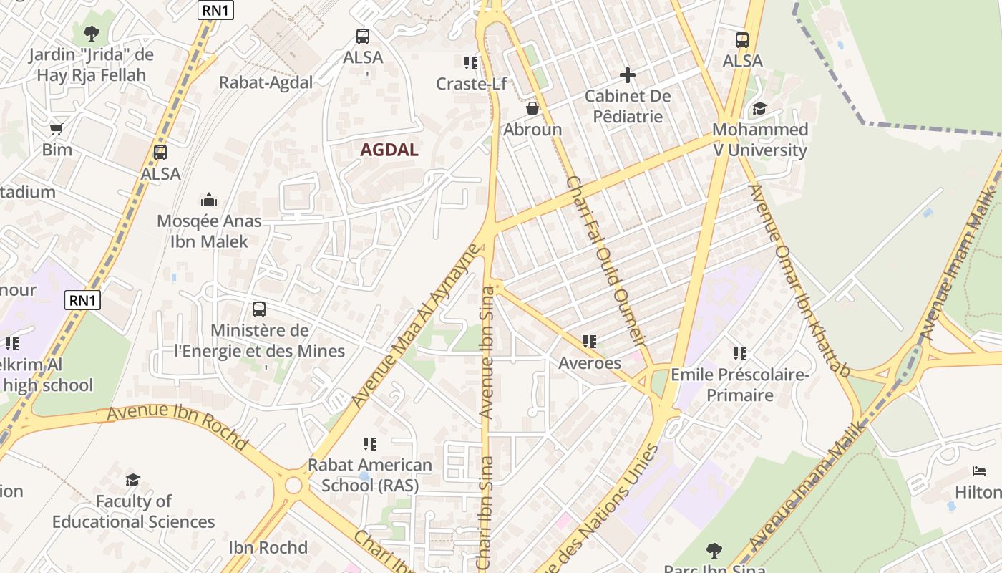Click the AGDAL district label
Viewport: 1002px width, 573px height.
tap(389, 150)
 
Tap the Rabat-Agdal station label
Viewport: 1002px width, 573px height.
tap(266, 82)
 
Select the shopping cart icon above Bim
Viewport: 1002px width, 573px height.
tap(56, 130)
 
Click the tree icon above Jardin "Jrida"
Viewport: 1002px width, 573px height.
tap(91, 33)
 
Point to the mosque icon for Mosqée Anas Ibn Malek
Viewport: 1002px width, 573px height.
tap(209, 200)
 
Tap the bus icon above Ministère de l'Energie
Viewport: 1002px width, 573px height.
tap(259, 309)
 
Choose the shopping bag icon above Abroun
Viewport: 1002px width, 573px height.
tap(532, 108)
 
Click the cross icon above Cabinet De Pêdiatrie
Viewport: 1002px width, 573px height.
tap(628, 74)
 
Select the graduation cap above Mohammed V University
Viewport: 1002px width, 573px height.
tap(759, 108)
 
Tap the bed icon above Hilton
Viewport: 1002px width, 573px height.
tap(979, 471)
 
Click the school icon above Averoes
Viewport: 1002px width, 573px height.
tap(589, 342)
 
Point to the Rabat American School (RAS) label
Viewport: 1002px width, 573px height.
tap(369, 475)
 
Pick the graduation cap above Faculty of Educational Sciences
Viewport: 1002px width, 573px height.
tap(132, 480)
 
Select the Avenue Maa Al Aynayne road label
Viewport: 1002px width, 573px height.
tap(415, 327)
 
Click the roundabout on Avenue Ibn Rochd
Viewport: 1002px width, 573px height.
tap(293, 486)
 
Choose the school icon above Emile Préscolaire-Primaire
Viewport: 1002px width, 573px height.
tap(739, 353)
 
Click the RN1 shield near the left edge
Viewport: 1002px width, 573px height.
tap(82, 300)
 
